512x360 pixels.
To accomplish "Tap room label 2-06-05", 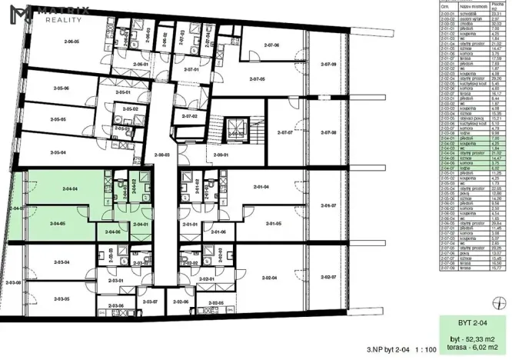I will tap(72, 42).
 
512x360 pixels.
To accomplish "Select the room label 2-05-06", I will tap(57, 89).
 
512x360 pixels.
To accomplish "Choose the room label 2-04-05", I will tap(57, 224).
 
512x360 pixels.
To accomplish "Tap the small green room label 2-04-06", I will tap(112, 232).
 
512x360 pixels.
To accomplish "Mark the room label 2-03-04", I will tap(62, 263).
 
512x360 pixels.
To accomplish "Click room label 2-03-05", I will tap(62, 298).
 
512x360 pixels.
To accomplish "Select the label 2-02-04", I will tap(269, 277).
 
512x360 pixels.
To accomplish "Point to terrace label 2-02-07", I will tap(329, 277).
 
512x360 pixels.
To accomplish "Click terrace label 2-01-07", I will tap(329, 205).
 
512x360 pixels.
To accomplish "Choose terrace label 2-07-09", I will tap(329, 65).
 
